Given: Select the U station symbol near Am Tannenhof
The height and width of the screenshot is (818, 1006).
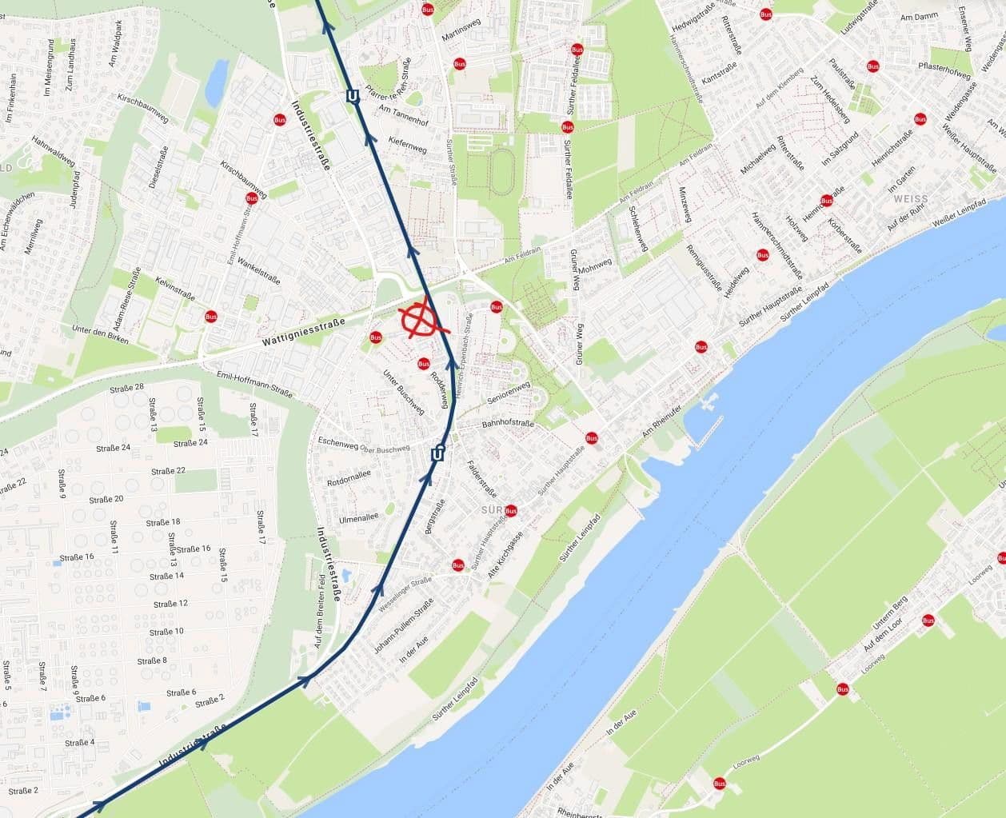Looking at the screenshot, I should coord(353,97).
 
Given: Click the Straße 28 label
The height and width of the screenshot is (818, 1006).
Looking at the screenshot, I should coord(128,389).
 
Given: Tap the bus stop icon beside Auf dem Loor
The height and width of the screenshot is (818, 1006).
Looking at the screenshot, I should coord(928,620).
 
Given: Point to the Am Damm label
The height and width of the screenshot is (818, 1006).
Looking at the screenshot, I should coord(918,17).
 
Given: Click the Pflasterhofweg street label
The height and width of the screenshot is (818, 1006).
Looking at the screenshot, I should coord(944,70).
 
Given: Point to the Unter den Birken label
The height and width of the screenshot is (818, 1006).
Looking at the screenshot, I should coord(100,334).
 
